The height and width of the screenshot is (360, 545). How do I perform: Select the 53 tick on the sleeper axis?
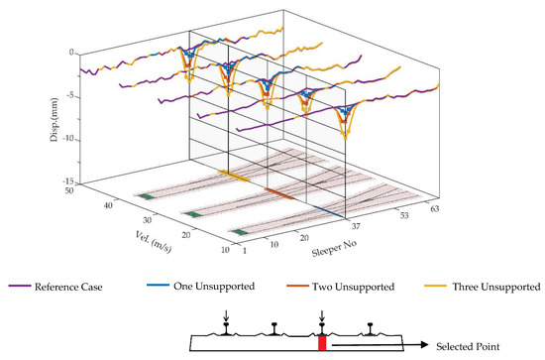[402, 214]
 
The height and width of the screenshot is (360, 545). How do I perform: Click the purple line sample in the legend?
[19, 288]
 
